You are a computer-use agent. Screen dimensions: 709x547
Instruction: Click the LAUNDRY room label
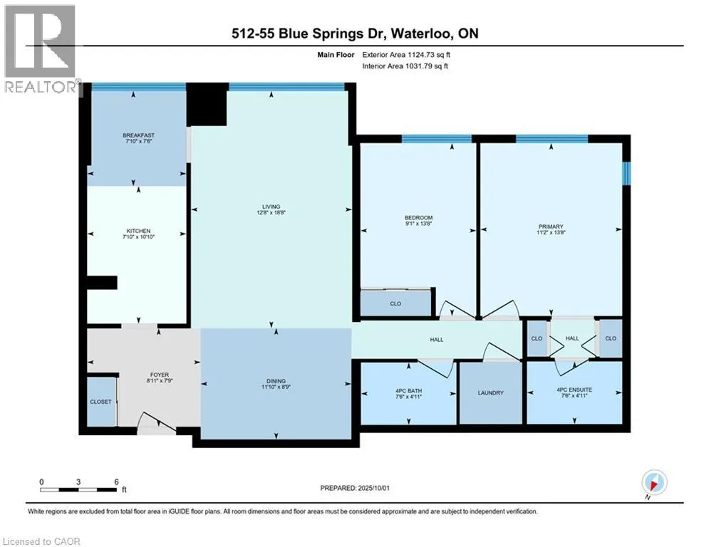tap(491, 393)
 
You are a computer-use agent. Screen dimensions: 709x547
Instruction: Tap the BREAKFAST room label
tap(138, 135)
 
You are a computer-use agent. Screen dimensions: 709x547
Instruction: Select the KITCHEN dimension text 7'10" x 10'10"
tap(138, 237)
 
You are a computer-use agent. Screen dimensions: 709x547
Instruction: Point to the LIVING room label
tap(271, 207)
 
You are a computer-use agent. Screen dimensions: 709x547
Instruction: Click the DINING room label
tap(276, 381)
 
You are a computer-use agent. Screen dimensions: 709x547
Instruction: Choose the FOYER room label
tap(160, 375)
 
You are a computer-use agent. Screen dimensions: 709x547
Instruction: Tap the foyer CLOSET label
tap(100, 402)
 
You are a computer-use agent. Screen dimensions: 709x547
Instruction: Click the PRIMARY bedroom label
tap(551, 226)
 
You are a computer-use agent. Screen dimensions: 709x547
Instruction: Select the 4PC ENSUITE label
tap(574, 390)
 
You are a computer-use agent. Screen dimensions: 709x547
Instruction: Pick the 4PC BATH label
tap(409, 391)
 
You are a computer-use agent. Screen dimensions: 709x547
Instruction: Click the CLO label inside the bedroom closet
tap(395, 304)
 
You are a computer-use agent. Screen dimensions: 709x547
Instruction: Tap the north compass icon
tap(654, 482)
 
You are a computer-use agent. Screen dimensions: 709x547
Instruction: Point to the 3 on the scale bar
tap(78, 482)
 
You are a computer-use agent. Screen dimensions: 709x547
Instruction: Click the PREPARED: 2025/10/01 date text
tap(355, 488)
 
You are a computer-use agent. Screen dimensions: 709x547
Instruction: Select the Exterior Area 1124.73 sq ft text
tap(406, 55)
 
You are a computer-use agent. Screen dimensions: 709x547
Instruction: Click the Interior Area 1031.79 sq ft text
tap(405, 66)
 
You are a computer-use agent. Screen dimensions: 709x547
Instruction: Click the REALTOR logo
tap(41, 49)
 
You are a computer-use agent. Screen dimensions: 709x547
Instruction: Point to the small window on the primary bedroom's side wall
tap(626, 173)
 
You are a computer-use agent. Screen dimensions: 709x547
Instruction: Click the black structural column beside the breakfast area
tap(207, 105)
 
